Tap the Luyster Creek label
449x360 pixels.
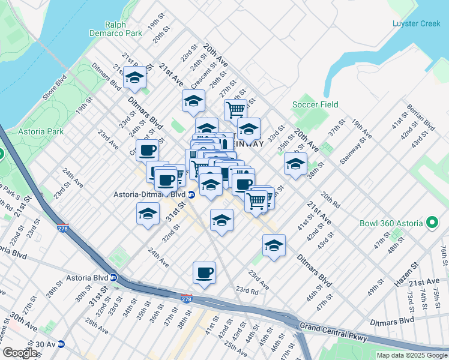416,23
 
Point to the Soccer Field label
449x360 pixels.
315,104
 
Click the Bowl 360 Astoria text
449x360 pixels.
391,224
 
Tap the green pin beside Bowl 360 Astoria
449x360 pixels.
432,224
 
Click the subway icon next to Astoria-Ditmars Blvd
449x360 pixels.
191,194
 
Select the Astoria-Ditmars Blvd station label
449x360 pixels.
149,194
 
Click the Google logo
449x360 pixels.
20,353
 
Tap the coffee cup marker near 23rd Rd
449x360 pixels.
204,273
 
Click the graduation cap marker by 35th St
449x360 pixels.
295,164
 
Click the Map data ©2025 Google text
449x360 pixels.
412,355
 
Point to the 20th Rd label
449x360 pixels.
330,200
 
